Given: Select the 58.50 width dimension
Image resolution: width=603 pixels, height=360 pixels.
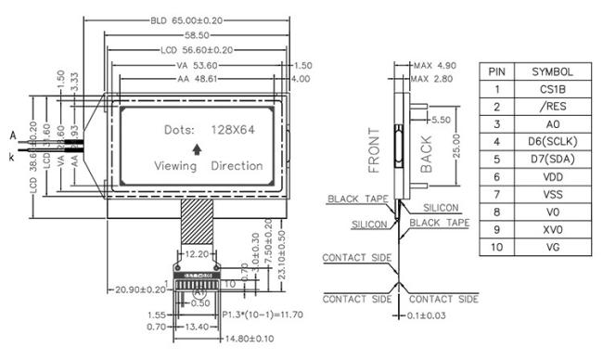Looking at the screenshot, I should [x=196, y=34].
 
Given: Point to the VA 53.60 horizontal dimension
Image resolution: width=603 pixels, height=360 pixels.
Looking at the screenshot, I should [x=196, y=66].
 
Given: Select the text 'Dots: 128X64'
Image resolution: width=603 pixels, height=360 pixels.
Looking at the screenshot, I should [x=209, y=130].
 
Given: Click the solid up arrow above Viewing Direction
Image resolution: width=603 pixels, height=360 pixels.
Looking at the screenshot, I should [x=197, y=148].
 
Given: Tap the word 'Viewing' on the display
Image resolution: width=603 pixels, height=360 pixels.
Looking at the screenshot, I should [x=174, y=166].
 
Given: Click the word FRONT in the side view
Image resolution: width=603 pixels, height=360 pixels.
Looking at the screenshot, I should [x=375, y=150].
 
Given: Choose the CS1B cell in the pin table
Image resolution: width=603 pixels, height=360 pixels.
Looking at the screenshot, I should [x=551, y=89].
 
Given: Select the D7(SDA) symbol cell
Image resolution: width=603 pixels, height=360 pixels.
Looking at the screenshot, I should [x=551, y=159].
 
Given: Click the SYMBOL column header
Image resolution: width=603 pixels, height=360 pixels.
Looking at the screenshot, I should [x=551, y=71].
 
